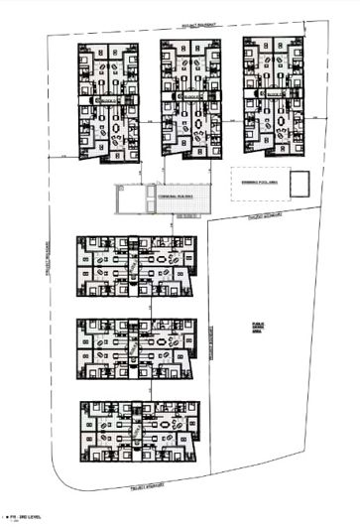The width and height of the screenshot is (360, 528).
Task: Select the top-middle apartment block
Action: (x=187, y=97)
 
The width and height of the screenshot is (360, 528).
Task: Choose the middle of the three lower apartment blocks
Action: (x=138, y=349)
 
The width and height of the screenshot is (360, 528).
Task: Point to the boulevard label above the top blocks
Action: (x=198, y=31)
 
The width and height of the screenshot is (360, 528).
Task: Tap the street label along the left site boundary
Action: (x=46, y=268)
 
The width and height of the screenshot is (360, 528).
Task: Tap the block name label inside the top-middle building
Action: (x=188, y=97)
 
